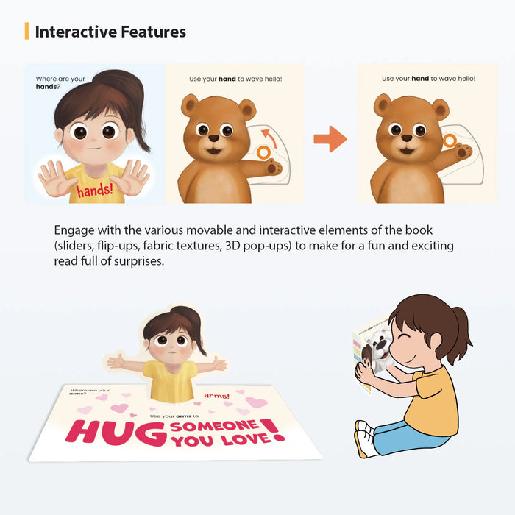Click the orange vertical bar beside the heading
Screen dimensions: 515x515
coord(27,31)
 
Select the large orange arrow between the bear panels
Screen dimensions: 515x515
coord(330,138)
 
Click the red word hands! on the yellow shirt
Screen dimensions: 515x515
coord(93,191)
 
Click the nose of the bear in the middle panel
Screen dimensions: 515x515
coord(213,138)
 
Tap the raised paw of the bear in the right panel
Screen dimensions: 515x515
coord(464,152)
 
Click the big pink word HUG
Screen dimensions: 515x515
coord(102,432)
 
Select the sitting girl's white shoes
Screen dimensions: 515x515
coord(365,438)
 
